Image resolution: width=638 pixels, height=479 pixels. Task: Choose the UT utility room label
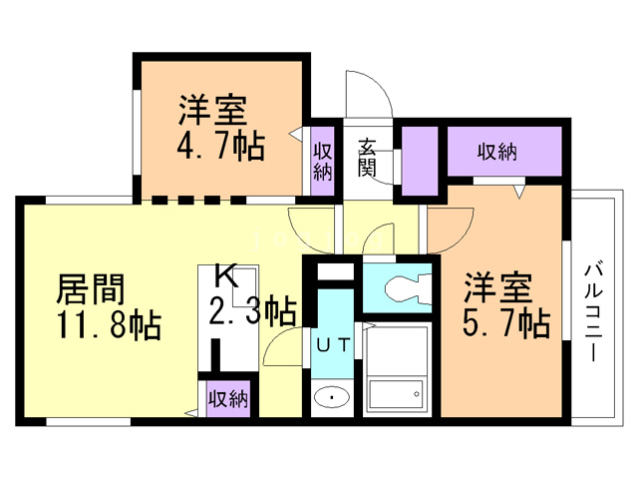332,346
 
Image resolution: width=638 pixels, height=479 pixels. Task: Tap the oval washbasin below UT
330,400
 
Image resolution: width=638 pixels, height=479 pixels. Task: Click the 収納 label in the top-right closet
495,153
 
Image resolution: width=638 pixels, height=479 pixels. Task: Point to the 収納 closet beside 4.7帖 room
322,159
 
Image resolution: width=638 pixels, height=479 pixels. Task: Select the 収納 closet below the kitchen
226,400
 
